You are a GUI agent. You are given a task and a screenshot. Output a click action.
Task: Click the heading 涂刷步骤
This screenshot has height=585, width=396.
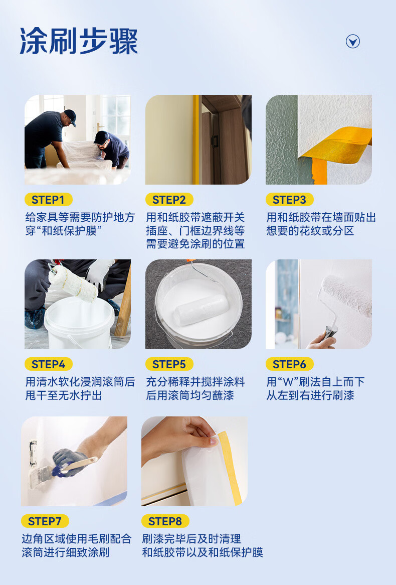pos(79,41)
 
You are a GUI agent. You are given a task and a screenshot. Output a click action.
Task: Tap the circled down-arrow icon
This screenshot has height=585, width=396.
pos(353,42)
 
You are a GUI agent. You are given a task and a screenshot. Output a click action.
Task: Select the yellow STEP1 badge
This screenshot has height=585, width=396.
pos(49,200)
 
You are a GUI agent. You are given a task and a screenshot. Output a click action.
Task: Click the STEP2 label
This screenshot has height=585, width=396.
pos(169,200)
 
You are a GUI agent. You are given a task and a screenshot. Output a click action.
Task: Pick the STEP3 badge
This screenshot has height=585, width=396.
pos(289,200)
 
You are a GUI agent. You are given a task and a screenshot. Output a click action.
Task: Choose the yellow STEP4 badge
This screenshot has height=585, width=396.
pos(49,364)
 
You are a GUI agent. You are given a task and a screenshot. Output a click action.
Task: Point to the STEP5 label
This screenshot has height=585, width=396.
pos(169,364)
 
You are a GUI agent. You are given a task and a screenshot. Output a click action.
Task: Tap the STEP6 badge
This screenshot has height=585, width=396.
pos(289,364)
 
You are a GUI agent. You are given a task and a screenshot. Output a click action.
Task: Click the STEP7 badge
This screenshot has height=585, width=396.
pos(45,521)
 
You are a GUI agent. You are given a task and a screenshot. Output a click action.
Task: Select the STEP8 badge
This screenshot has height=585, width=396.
pos(165,521)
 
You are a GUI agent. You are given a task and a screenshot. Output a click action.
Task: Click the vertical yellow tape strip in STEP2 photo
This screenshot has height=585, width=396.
pos(196,139)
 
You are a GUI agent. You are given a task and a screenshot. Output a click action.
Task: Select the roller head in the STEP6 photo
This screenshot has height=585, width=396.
pos(346,295)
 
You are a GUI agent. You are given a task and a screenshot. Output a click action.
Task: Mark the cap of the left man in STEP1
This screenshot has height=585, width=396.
pos(71,117)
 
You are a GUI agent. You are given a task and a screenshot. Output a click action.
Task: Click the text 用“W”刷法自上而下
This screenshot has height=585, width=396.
pos(315,382)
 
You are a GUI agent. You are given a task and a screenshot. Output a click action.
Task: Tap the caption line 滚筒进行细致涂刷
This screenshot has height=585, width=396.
pos(66,552)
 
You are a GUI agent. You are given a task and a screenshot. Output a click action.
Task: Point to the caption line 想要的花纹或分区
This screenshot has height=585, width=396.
pos(310,231)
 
